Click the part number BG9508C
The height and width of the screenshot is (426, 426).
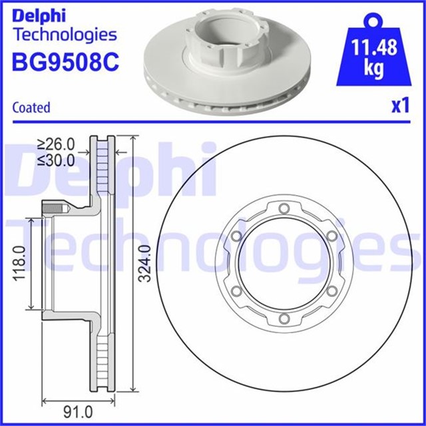(65, 61)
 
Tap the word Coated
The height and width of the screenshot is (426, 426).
(31, 107)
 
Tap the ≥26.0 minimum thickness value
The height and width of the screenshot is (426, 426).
(56, 143)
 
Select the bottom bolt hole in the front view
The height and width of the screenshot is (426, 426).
(284, 320)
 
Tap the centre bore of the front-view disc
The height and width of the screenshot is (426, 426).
(284, 265)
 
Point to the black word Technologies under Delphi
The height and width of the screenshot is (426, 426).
(65, 35)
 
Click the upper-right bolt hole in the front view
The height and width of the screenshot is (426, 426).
(331, 237)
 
